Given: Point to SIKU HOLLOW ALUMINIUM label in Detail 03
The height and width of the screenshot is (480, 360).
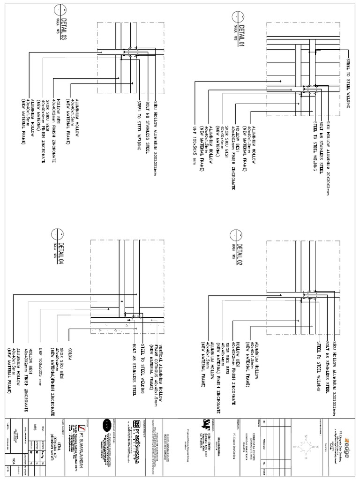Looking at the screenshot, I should coord(158,127).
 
